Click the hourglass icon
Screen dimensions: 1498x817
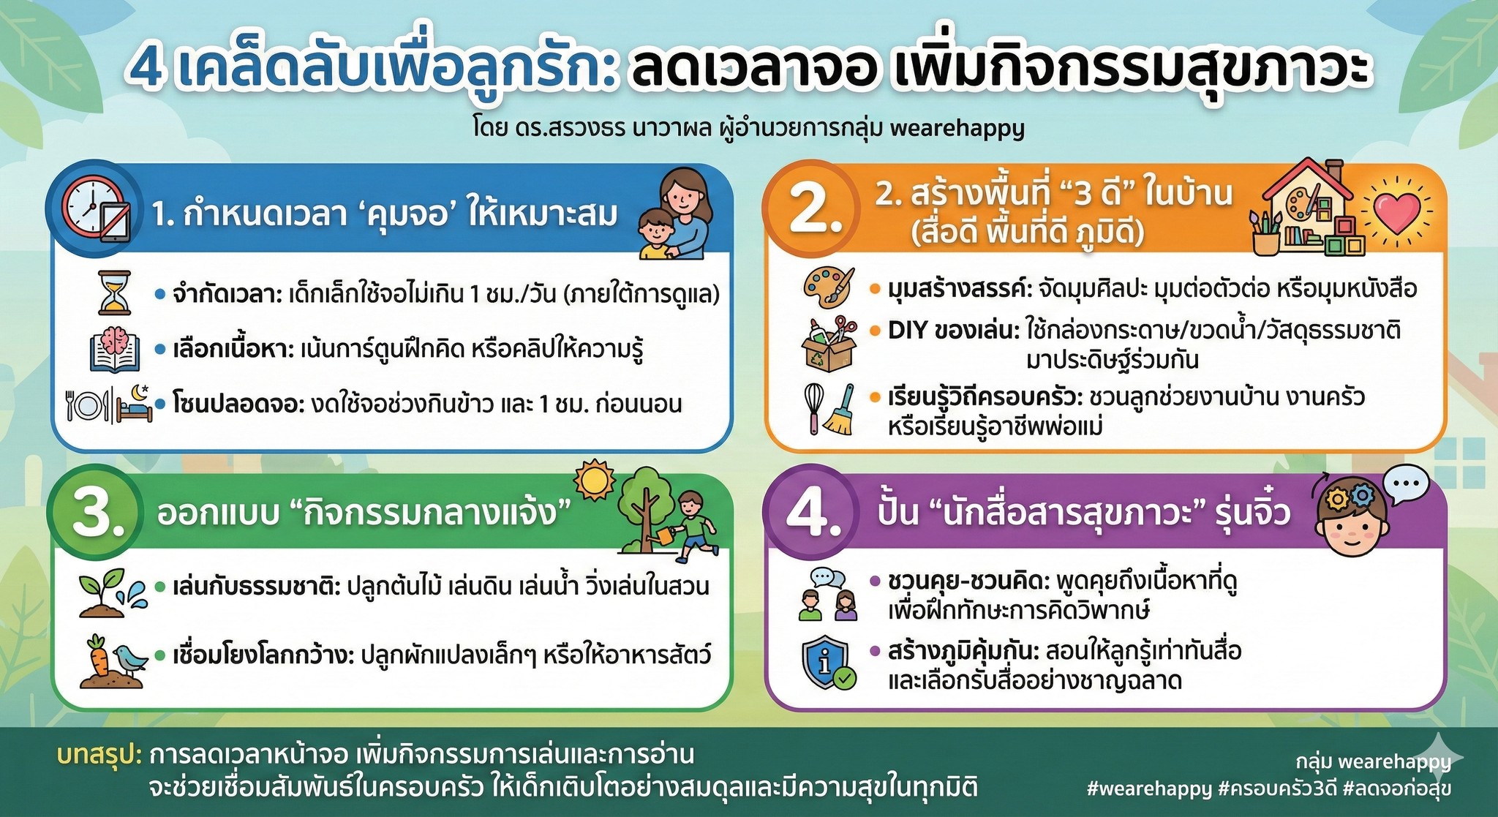point(115,293)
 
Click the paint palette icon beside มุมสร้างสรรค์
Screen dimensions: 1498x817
point(829,287)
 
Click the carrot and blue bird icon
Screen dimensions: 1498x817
point(113,660)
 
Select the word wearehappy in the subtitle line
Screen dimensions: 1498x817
point(957,129)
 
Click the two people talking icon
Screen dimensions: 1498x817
point(827,594)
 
